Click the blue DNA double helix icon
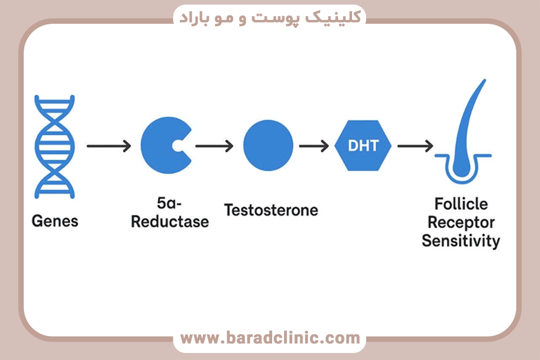55,146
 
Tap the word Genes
55,221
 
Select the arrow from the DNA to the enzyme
109,146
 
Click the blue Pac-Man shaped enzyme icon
160,146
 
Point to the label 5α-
169,204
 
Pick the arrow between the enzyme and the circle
214,146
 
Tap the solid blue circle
268,146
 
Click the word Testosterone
271,209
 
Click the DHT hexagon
363,146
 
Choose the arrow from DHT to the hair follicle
415,146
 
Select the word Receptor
461,222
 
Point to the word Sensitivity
461,241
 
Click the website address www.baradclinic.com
269,338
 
